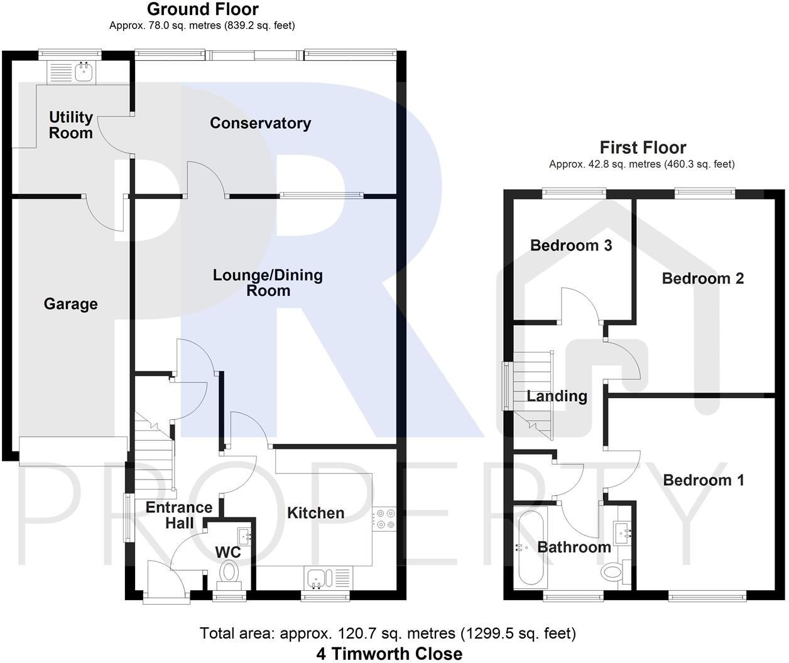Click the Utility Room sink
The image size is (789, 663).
pyautogui.click(x=83, y=72)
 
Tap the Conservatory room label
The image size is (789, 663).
pyautogui.click(x=260, y=123)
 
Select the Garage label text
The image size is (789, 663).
pyautogui.click(x=70, y=305)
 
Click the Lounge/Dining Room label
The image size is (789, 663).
pyautogui.click(x=268, y=283)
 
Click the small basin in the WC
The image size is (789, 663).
pyautogui.click(x=244, y=536)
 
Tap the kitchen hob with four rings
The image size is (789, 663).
pyautogui.click(x=384, y=520)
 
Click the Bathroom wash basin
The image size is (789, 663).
pyautogui.click(x=624, y=533)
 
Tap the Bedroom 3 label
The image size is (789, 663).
pyautogui.click(x=570, y=245)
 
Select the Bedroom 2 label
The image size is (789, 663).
pyautogui.click(x=702, y=279)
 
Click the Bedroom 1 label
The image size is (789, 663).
pyautogui.click(x=703, y=480)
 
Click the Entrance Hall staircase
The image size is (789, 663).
pyautogui.click(x=154, y=458)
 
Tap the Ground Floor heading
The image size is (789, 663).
pyautogui.click(x=202, y=9)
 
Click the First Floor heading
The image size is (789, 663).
pyautogui.click(x=642, y=148)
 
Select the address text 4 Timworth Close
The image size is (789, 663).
pyautogui.click(x=389, y=654)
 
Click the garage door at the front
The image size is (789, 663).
pyautogui.click(x=73, y=451)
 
